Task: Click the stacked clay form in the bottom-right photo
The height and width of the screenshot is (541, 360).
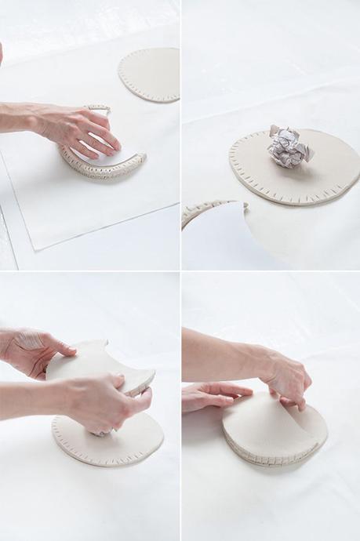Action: tap(275, 431)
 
